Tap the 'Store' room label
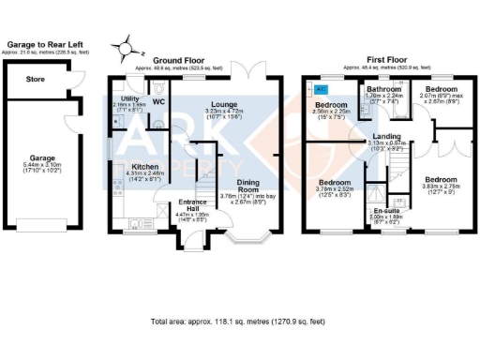[x=35, y=80]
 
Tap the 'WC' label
[x=157, y=101]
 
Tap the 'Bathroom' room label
[x=383, y=89]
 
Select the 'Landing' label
[x=386, y=137]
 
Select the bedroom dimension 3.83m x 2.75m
[x=439, y=187]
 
